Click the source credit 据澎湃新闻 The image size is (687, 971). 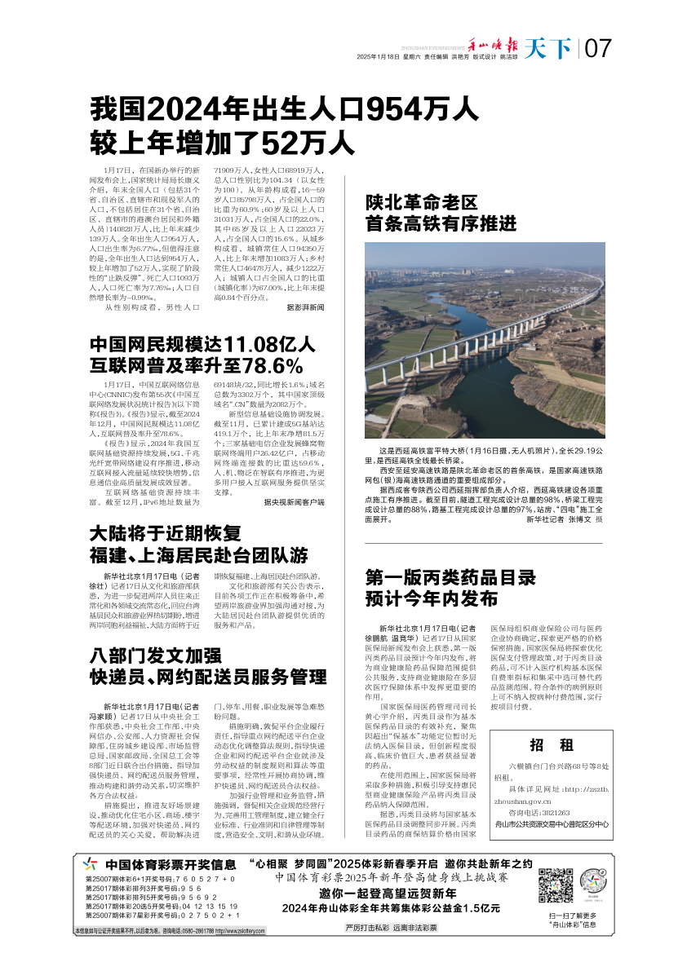point(306,307)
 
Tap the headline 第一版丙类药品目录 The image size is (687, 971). point(450,578)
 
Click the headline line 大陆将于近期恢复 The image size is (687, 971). point(166,535)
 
